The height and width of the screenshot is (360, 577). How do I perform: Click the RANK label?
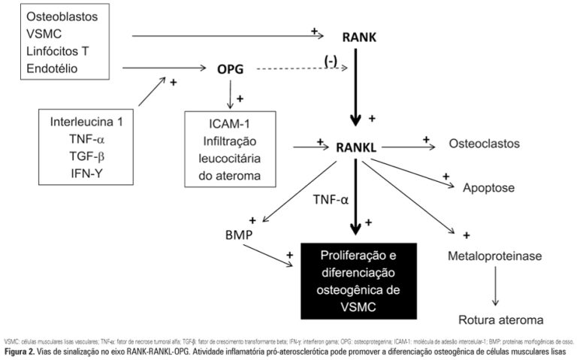coord(360,37)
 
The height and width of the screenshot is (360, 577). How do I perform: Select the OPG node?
coord(232,69)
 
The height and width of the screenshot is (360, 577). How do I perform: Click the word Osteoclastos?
coord(484,143)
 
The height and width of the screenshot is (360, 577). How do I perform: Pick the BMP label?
coord(234,234)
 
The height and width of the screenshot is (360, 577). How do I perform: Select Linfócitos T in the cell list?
coord(65,51)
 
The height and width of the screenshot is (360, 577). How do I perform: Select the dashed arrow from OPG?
coord(301,69)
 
